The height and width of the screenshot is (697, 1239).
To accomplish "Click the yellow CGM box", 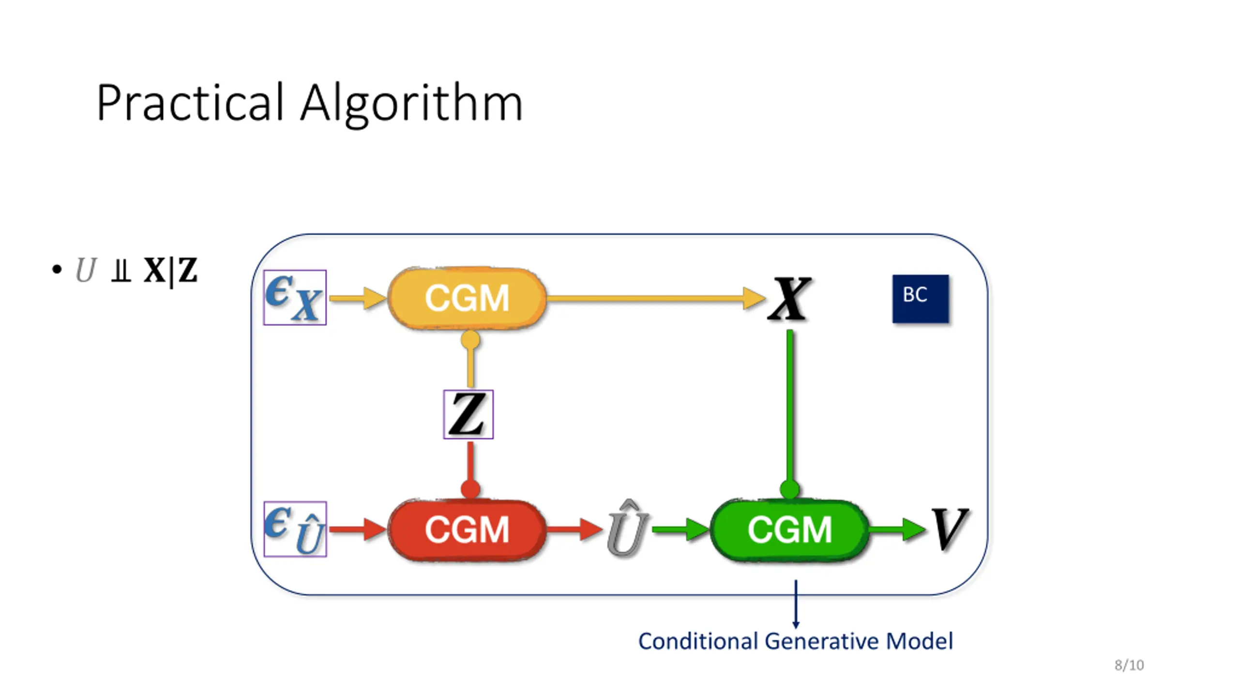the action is (467, 298).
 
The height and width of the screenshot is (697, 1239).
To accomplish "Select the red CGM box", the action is (467, 530).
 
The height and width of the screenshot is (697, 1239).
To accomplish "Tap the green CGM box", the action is (789, 530).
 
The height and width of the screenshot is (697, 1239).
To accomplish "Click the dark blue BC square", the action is (921, 299).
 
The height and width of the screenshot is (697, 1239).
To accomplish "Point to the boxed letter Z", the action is (468, 414).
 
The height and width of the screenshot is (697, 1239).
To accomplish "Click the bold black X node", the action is (789, 299).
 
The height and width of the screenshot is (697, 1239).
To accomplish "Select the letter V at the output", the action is (950, 529).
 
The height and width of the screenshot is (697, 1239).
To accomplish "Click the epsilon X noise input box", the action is (295, 297).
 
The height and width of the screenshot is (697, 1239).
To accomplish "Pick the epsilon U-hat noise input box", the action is (295, 529).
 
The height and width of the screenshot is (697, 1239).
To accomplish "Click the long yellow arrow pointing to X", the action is (656, 298).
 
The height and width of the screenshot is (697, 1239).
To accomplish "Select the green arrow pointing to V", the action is (897, 529).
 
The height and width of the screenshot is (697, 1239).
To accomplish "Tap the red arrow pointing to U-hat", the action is (574, 529).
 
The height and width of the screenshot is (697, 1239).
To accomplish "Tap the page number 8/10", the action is (1129, 665).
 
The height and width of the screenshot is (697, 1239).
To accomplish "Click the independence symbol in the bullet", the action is (121, 271).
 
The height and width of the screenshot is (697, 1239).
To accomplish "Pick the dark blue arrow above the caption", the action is (796, 604).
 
